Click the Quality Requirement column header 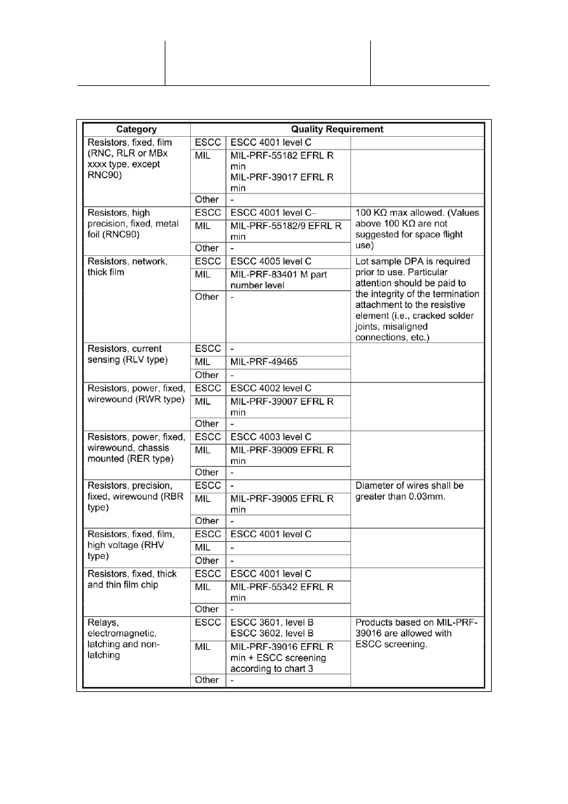(x=342, y=129)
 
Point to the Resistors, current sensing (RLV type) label (x=127, y=354)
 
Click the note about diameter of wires (x=410, y=491)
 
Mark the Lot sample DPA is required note (x=417, y=299)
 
